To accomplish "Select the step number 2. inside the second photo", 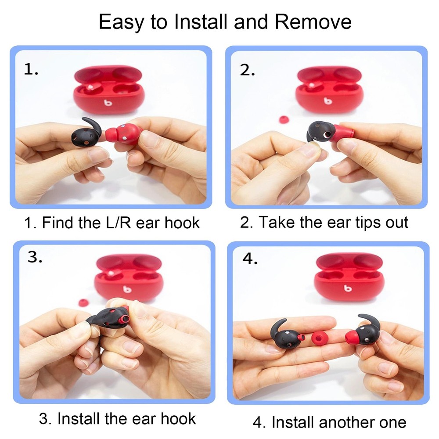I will (248, 70).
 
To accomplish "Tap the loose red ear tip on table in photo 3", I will (82, 302).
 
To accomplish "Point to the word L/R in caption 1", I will (119, 223).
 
